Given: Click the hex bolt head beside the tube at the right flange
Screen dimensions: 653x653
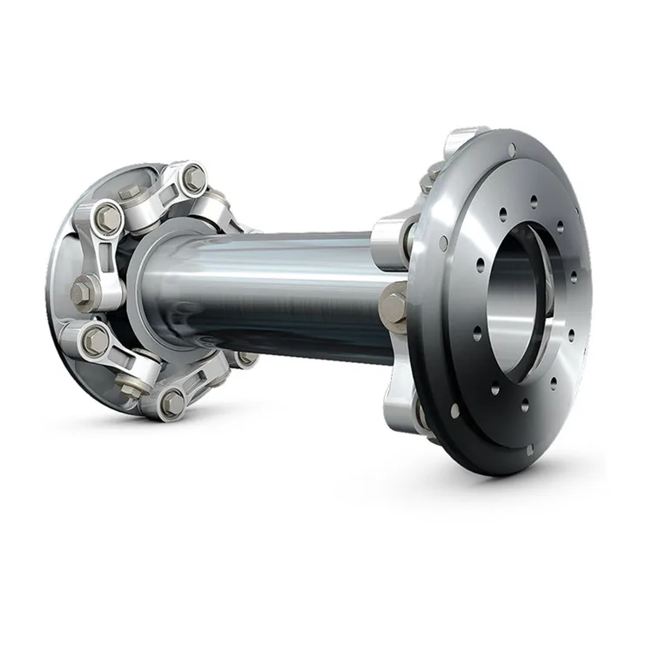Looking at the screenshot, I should coord(394,306).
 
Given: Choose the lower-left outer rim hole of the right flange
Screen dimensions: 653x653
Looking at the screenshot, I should coord(454,408).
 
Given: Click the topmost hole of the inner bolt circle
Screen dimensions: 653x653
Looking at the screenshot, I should coord(534,200).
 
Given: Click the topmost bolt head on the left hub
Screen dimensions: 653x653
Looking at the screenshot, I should coord(193,179).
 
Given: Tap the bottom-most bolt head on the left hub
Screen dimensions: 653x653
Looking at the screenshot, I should coord(172,402).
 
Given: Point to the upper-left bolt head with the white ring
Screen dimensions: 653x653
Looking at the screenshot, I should coord(107,218).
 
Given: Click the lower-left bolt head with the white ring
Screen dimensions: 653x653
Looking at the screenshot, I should coord(95,341).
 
